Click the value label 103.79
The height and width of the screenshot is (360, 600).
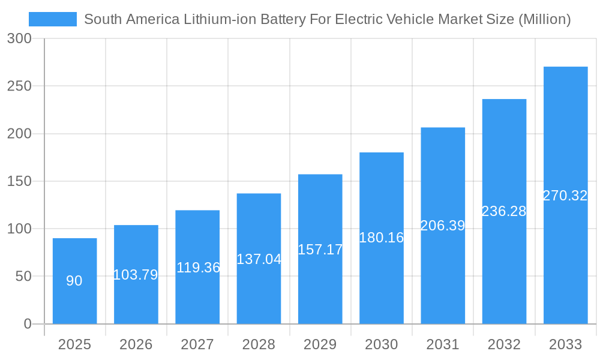136,275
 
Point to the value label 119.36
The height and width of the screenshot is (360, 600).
198,268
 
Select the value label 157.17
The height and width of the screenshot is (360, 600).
320,250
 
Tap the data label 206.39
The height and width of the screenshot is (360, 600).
443,226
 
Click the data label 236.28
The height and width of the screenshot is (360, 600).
504,211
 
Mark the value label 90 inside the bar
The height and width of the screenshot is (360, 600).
74,281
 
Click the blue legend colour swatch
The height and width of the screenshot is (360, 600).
53,19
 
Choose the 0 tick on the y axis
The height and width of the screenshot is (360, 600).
28,324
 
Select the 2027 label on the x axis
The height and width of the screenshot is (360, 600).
197,344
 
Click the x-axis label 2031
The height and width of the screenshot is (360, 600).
443,344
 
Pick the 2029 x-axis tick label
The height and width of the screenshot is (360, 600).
320,344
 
